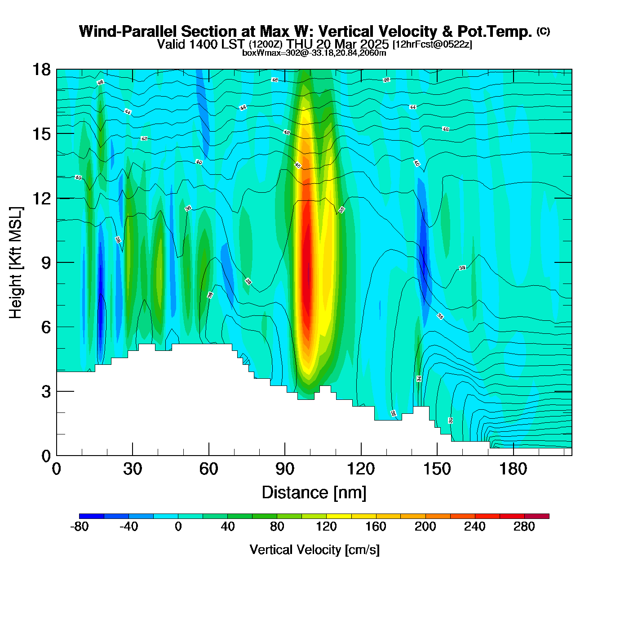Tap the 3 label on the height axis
[46, 392]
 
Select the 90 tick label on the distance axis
[284, 469]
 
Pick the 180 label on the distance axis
[513, 469]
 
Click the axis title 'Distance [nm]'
[314, 492]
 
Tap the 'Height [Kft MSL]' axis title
[16, 263]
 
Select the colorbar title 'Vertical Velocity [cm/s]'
[314, 549]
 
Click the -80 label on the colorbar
[79, 527]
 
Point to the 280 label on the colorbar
[524, 527]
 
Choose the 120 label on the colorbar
[326, 527]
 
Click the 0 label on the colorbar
[178, 527]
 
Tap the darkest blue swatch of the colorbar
[92, 516]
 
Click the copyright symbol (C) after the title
[543, 31]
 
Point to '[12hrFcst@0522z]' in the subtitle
[432, 44]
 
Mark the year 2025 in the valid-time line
[374, 44]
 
